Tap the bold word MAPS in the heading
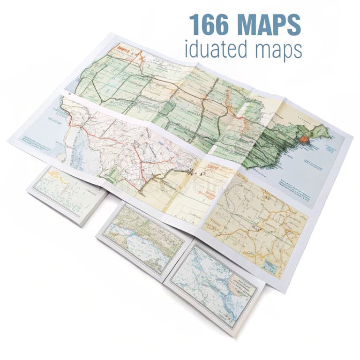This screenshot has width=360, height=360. click(x=270, y=25)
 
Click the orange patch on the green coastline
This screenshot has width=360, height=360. click(x=304, y=139)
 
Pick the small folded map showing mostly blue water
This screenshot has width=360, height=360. click(x=213, y=286)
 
